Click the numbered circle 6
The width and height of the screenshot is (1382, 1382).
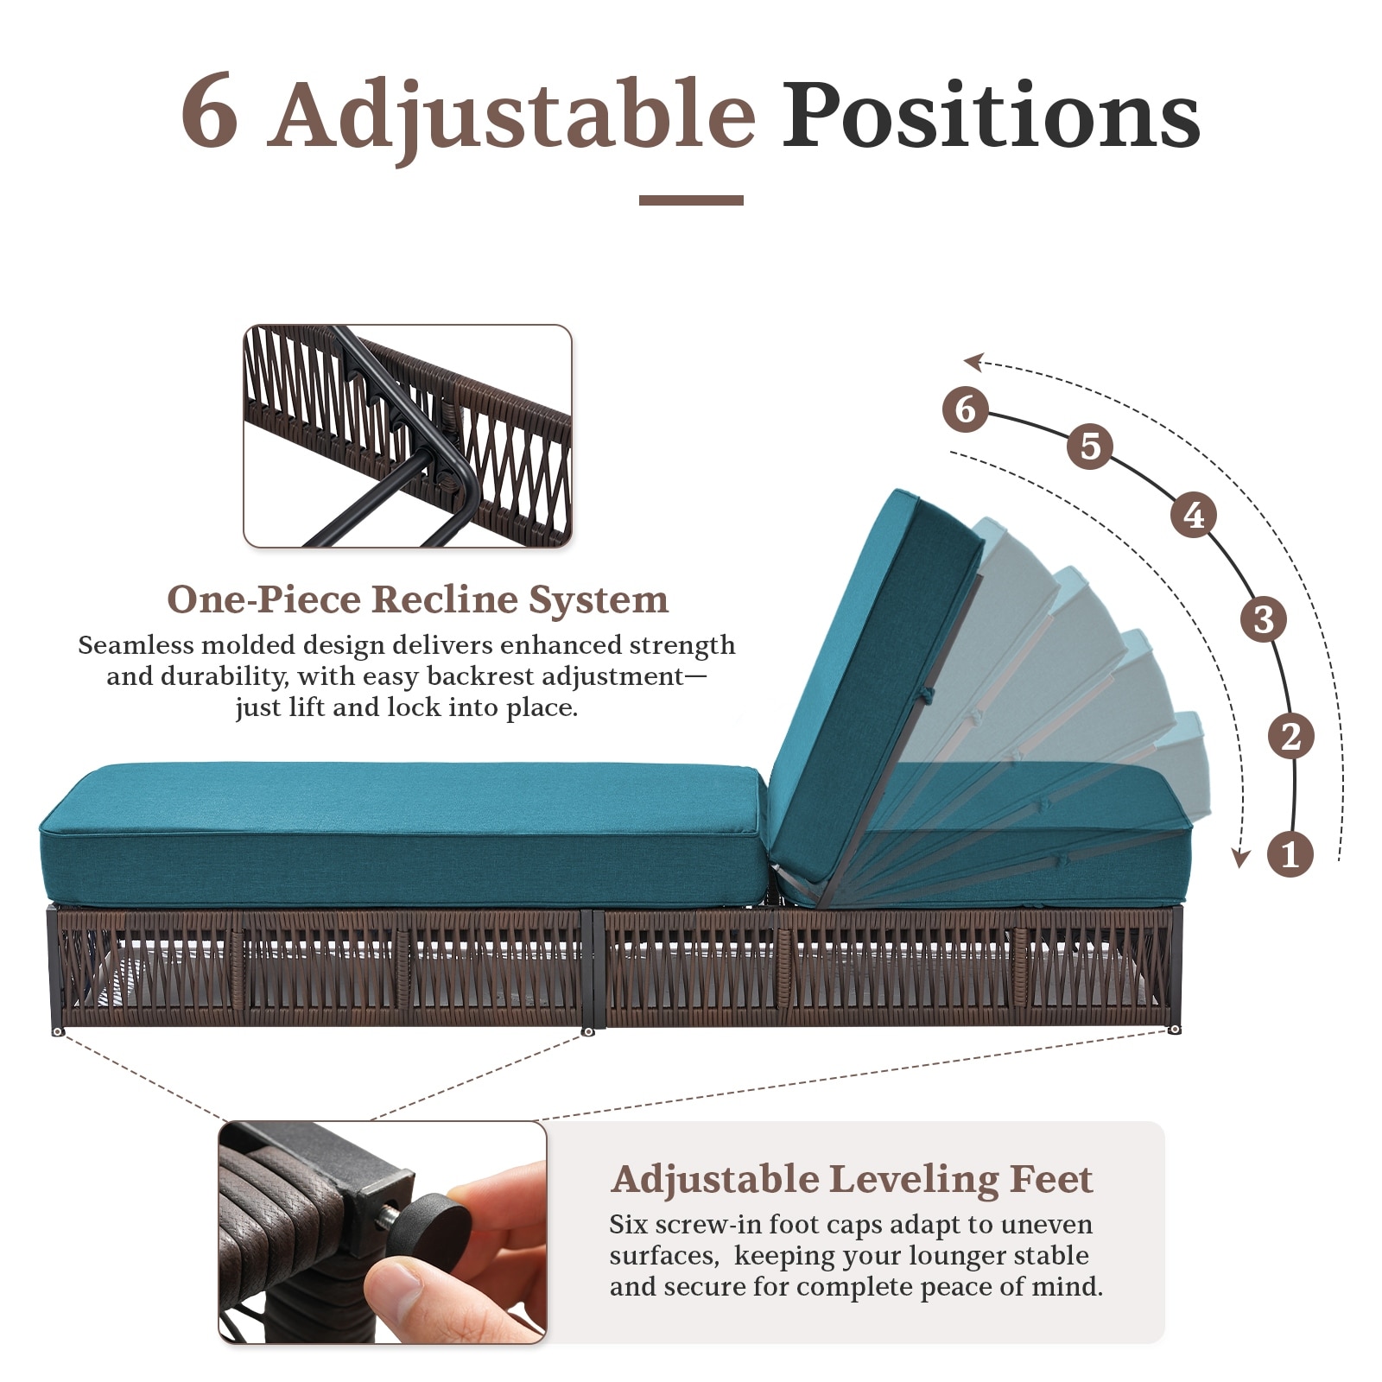(x=966, y=409)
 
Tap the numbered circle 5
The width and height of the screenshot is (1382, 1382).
(x=1090, y=447)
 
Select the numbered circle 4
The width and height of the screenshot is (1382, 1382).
(x=1194, y=515)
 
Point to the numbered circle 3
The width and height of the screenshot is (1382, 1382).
(x=1264, y=619)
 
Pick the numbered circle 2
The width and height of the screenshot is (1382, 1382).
(x=1291, y=736)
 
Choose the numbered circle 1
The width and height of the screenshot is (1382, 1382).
(x=1290, y=854)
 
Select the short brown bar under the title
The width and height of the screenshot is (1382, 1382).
(x=691, y=200)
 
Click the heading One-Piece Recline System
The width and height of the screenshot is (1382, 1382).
(x=417, y=599)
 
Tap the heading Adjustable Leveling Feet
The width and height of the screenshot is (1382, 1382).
(x=852, y=1180)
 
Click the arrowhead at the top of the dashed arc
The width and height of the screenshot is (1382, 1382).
(x=974, y=361)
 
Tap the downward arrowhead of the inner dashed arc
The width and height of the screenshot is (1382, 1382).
(x=1240, y=858)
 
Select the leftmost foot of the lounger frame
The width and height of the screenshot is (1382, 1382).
(x=58, y=1031)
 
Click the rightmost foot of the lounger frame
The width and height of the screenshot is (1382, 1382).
(x=1175, y=1029)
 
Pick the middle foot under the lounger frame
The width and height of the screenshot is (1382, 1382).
(x=588, y=1031)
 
